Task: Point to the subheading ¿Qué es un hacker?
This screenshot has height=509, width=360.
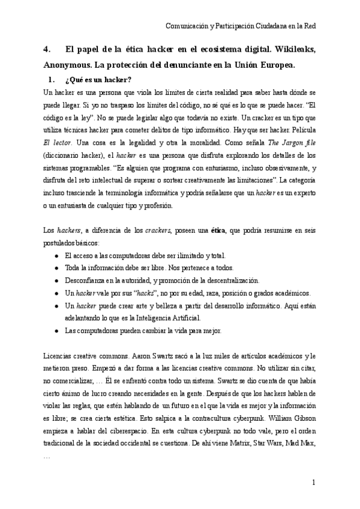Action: tap(98, 80)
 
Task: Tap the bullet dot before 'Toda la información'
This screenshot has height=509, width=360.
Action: tap(56, 268)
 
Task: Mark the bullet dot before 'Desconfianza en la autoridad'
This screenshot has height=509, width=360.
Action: tap(56, 280)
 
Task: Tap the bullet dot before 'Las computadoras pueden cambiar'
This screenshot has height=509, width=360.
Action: tap(56, 330)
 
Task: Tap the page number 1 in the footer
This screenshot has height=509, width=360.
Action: tap(314, 483)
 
